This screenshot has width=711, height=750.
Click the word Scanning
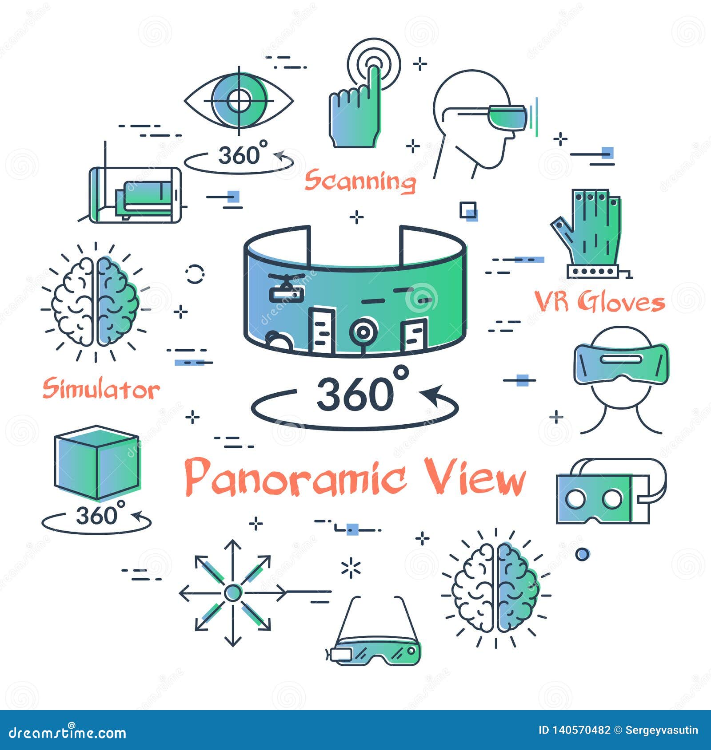pos(360,181)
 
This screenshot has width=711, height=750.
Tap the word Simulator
pos(101,389)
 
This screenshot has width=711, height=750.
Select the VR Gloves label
pos(599,302)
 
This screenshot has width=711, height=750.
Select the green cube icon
pos(97,462)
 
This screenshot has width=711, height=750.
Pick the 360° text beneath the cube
pos(96,516)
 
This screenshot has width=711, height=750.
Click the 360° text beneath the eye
pos(239,155)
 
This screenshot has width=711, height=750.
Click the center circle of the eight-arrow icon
pos(232,592)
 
